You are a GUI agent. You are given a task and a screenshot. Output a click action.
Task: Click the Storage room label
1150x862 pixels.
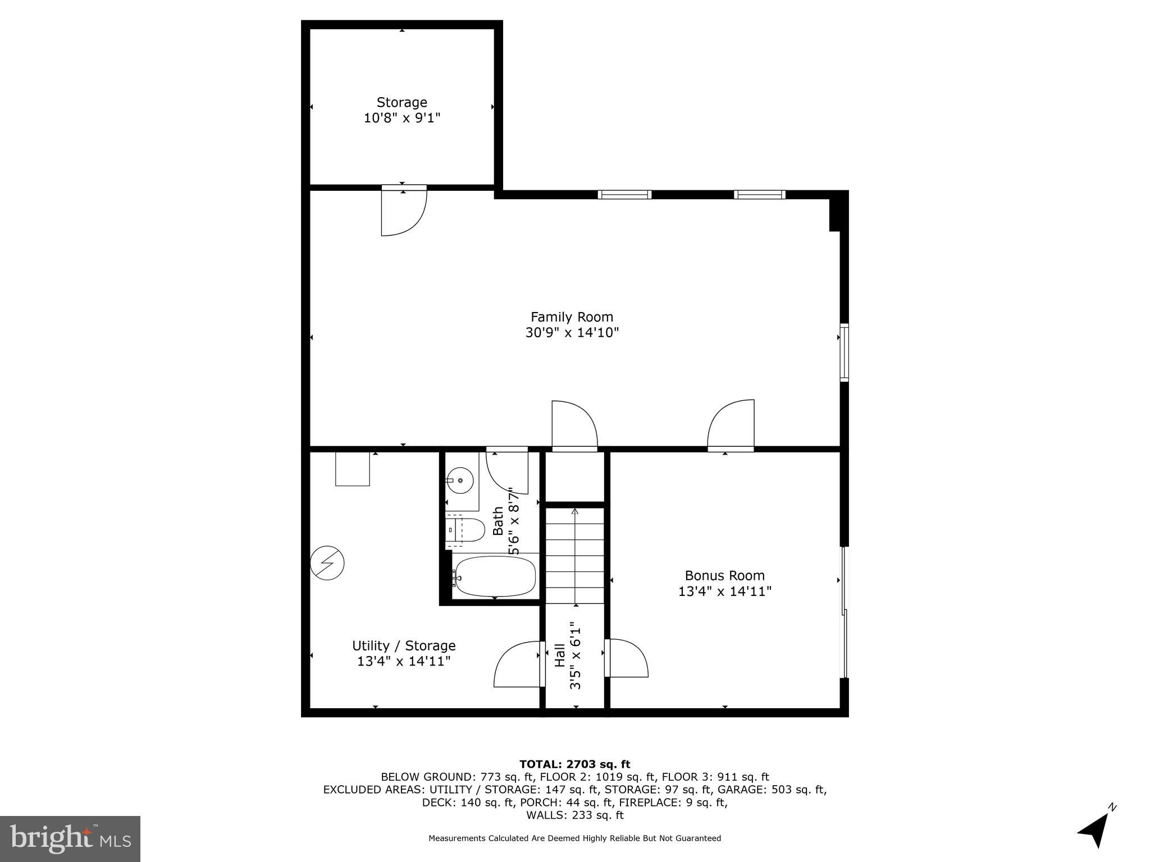[x=401, y=103]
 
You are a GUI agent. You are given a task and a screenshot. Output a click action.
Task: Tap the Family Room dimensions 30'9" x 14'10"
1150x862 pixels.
[x=572, y=333]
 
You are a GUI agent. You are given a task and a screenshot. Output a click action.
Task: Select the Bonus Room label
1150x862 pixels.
[x=724, y=575]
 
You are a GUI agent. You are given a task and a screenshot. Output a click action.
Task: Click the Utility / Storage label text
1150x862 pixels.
[x=404, y=645]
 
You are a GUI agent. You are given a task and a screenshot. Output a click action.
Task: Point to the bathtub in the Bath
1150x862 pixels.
[x=495, y=576]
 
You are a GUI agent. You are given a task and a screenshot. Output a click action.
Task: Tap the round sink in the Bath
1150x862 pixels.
[x=460, y=481]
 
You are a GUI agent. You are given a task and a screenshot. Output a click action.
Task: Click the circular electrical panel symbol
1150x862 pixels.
[x=327, y=562]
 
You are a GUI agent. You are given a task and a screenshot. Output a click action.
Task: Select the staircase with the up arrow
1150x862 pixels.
[x=575, y=556]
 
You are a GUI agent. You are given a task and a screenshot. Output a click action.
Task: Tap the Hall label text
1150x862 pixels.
[x=560, y=655]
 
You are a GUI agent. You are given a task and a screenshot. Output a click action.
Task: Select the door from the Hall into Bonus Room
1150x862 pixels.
[x=626, y=658]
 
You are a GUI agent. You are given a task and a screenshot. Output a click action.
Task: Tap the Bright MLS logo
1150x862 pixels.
[x=70, y=838]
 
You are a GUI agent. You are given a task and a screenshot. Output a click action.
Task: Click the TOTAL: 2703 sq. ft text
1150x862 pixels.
[x=574, y=764]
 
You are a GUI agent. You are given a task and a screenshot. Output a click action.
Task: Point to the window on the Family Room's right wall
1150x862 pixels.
[x=844, y=352]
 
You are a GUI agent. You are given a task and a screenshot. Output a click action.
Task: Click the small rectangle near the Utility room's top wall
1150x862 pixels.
[x=353, y=469]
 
